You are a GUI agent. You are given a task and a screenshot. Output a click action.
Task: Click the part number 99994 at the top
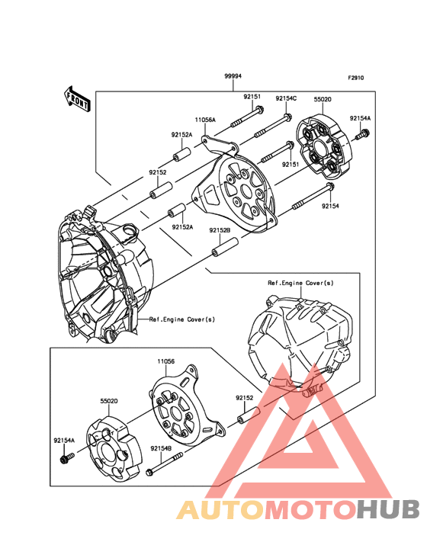pos(233,77)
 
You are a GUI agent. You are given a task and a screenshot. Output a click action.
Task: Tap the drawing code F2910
pos(357,78)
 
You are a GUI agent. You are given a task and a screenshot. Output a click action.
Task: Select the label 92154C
pos(286,98)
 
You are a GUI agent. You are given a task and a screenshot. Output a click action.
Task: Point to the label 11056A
pos(204,120)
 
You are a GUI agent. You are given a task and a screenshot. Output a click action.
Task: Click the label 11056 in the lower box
pos(167,362)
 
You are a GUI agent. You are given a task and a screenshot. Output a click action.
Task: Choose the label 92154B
pos(161,448)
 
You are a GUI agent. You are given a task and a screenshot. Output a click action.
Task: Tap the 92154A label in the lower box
pos(64,440)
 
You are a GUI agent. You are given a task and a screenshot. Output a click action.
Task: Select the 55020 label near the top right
pos(323,99)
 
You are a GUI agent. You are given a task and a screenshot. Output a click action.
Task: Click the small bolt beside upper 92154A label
pos(364,135)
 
